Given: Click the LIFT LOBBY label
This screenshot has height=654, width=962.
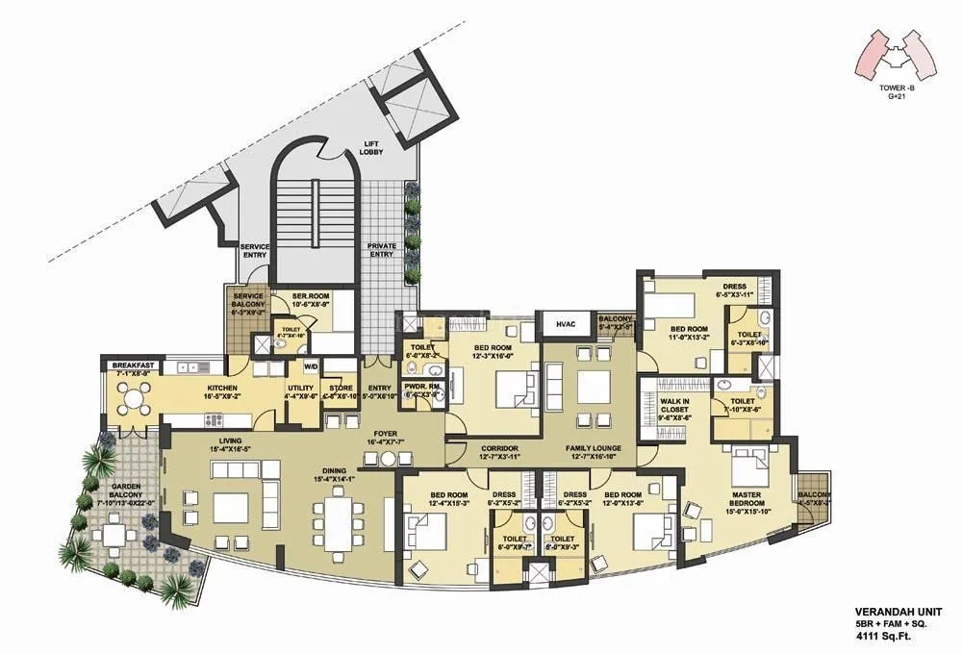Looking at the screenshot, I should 371,147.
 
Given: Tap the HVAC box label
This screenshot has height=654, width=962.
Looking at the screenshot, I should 565,326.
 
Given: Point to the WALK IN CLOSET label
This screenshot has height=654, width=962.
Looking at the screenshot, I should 674,409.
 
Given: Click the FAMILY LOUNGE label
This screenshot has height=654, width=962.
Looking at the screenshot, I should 593,448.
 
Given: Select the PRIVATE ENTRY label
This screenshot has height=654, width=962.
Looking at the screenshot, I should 382,250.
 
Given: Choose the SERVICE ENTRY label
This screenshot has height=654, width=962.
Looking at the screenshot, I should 255,251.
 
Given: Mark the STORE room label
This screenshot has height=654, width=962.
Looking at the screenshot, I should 341,389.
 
